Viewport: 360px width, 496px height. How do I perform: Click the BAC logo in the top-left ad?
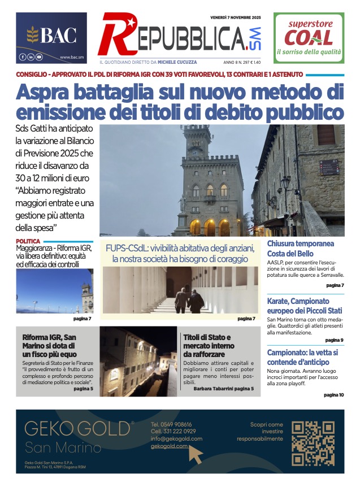pyautogui.click(x=51, y=36)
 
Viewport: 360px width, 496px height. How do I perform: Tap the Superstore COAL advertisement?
pyautogui.click(x=309, y=37)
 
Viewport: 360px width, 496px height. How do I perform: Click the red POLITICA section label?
pyautogui.click(x=28, y=241)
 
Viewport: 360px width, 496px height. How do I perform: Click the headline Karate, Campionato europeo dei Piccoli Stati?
pyautogui.click(x=305, y=306)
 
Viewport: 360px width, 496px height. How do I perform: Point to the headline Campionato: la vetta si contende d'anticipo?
pyautogui.click(x=303, y=357)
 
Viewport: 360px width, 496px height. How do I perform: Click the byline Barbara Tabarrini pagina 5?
pyautogui.click(x=223, y=389)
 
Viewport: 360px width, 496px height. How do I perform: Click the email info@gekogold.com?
pyautogui.click(x=176, y=438)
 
